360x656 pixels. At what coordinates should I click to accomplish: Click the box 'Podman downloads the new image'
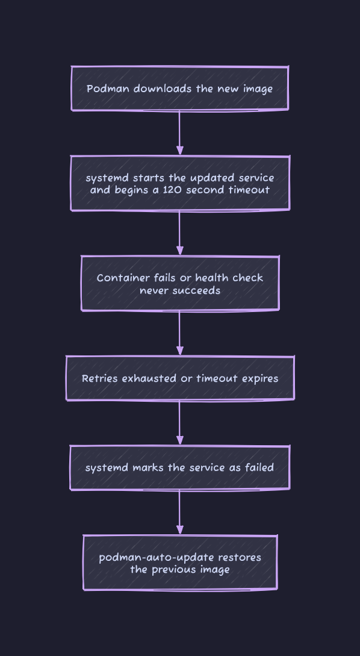[x=180, y=89]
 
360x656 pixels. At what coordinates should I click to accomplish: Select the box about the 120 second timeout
[x=180, y=183]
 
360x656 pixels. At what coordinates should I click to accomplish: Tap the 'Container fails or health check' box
[x=180, y=283]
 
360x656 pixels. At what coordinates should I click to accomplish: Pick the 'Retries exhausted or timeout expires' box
[x=180, y=378]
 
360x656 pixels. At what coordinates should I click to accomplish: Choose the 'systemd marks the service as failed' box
[x=180, y=467]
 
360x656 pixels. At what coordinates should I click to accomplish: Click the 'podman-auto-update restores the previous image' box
[x=180, y=563]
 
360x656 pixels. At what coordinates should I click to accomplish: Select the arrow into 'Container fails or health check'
[x=180, y=233]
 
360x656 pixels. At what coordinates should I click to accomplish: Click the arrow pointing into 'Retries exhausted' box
[x=180, y=333]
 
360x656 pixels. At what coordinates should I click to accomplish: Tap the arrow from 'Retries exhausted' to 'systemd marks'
[x=180, y=423]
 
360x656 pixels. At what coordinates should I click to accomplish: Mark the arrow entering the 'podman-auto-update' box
[x=180, y=512]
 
